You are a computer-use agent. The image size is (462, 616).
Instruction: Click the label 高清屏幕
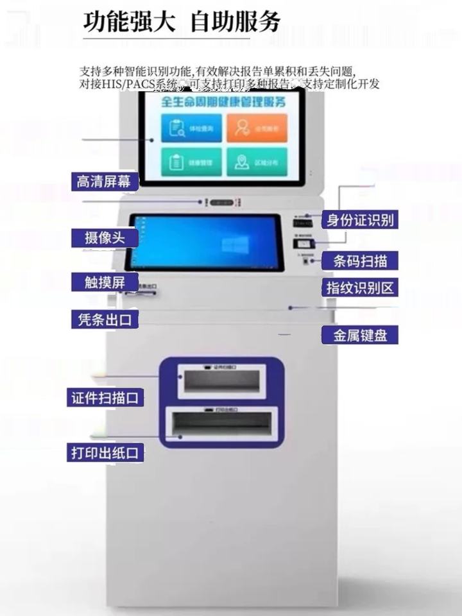point(104,182)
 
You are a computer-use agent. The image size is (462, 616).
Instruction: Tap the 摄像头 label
point(104,238)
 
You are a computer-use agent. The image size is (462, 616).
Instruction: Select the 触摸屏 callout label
point(104,282)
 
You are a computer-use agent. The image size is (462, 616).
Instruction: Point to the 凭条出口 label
point(105,319)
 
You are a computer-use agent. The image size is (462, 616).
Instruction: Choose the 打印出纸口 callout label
point(105,452)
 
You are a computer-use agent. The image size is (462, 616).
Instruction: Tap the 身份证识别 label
point(359,220)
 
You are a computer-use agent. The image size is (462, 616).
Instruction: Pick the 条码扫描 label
point(359,261)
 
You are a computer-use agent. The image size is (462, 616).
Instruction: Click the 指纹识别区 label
point(359,287)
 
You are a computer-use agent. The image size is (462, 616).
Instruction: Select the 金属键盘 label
point(359,334)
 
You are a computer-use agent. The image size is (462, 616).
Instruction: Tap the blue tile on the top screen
point(182,128)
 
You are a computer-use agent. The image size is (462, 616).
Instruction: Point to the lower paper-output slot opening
point(221,424)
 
